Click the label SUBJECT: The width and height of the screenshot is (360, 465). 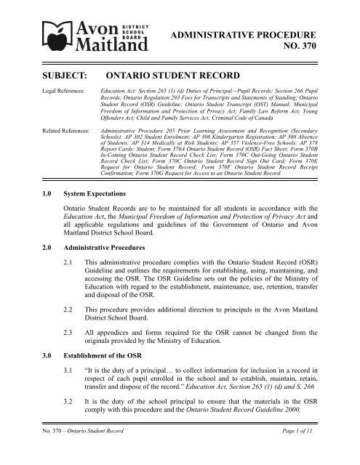click(x=47, y=74)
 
